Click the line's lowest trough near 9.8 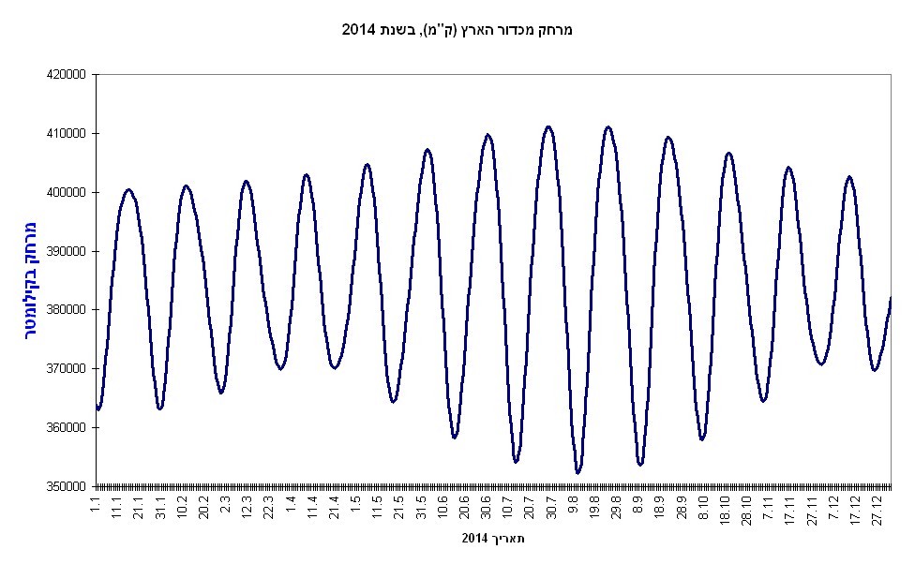(577, 473)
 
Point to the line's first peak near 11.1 (128, 189)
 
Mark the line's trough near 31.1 (160, 408)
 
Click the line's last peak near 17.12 (849, 176)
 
